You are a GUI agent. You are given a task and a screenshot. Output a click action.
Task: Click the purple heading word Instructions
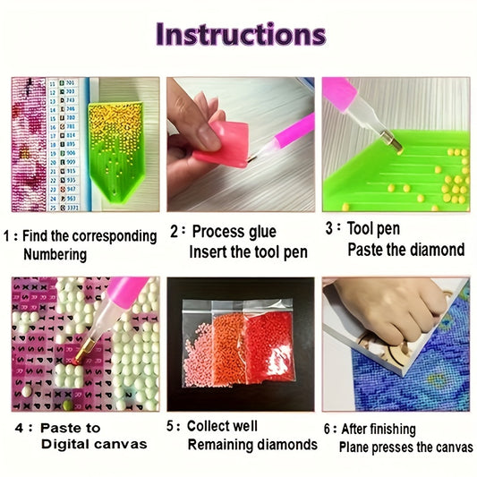[241, 34]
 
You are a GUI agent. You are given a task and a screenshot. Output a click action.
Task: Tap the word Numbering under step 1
[55, 255]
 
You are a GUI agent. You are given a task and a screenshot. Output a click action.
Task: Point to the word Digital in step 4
[63, 444]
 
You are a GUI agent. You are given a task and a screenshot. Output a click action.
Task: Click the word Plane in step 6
[353, 447]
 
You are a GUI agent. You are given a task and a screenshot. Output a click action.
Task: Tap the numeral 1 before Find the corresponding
[6, 236]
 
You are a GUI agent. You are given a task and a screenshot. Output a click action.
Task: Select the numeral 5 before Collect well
[170, 426]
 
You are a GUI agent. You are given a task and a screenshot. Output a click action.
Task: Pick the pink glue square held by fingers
[223, 144]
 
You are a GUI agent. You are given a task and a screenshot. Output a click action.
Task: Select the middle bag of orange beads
[229, 349]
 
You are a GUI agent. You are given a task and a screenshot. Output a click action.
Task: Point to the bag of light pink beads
[198, 354]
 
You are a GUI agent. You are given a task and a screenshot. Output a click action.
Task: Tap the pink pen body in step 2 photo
[295, 132]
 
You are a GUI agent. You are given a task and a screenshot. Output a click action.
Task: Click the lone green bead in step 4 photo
[67, 405]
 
